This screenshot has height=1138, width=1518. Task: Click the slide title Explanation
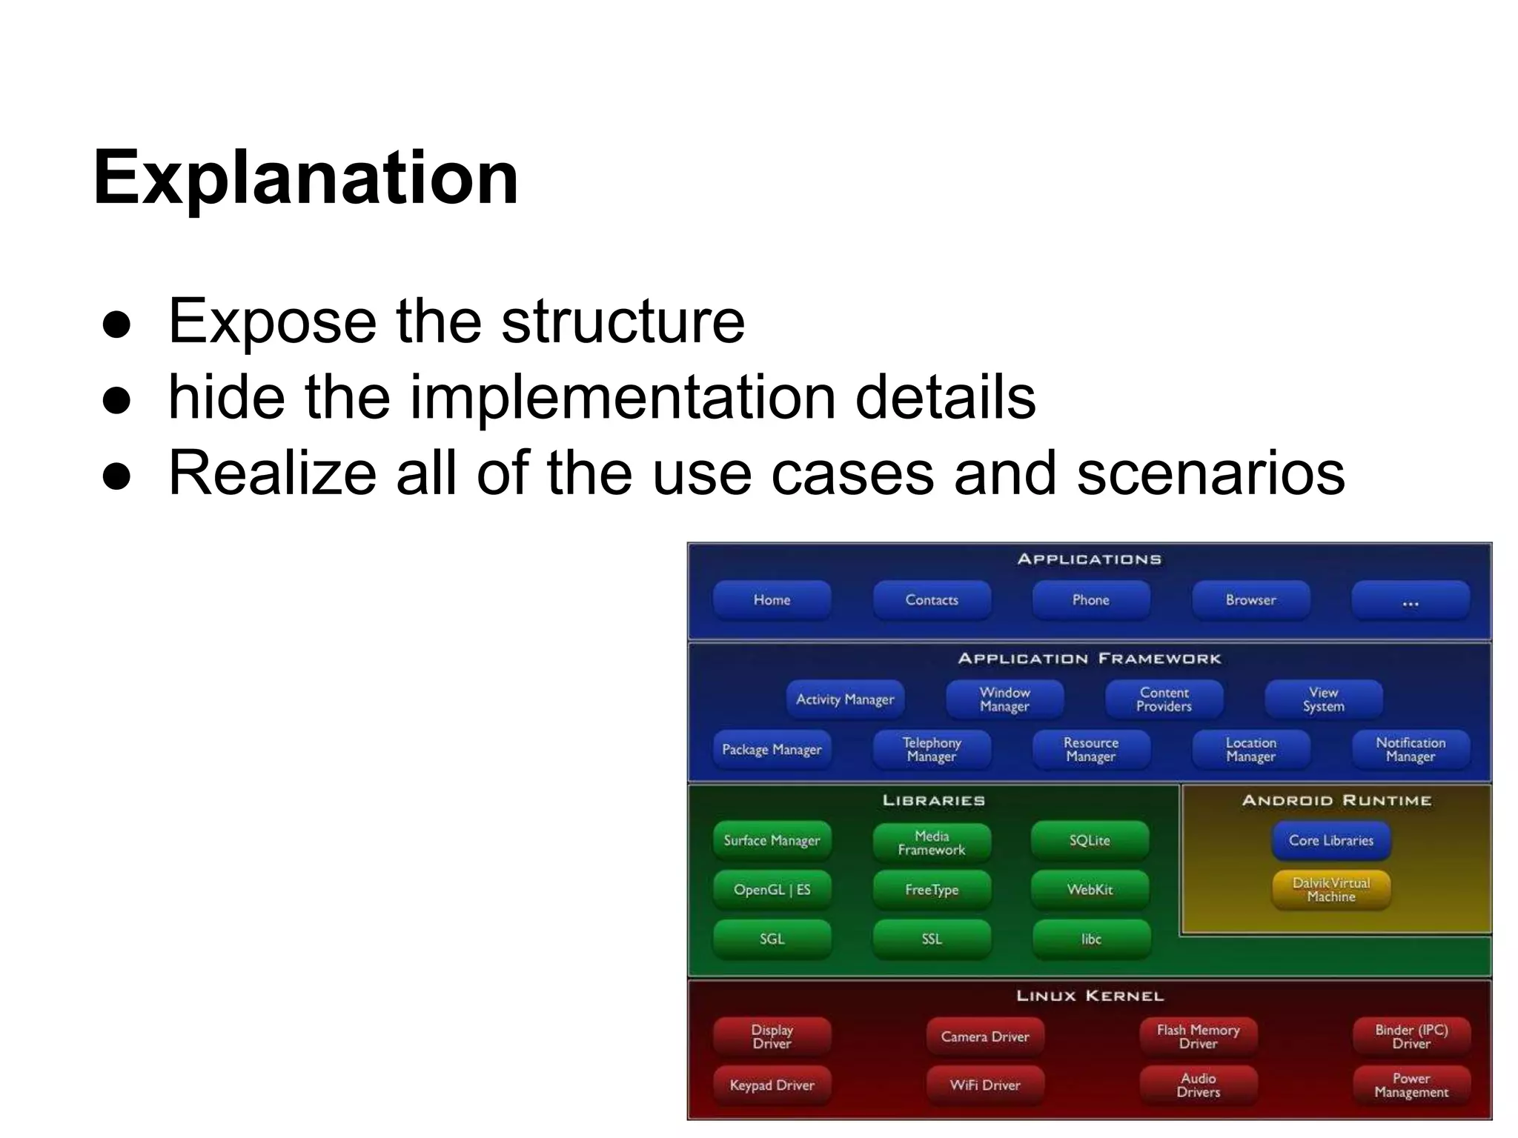click(305, 178)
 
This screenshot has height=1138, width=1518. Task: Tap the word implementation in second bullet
click(623, 398)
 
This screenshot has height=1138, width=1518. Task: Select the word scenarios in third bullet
click(1210, 473)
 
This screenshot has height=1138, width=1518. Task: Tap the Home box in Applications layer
click(772, 600)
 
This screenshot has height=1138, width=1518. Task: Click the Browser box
click(1250, 600)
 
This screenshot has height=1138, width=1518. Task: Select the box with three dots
click(1410, 600)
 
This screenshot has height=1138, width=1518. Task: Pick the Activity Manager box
click(845, 699)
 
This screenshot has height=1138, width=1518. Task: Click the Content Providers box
click(1164, 699)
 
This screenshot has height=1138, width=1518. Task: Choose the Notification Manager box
click(1410, 749)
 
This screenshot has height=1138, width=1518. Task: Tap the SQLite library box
click(1090, 840)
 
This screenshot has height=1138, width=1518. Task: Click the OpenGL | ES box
click(772, 889)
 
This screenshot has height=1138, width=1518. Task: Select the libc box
click(1091, 939)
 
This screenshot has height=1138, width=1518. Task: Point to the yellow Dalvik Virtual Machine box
click(1331, 889)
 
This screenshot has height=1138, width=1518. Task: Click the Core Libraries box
click(1331, 840)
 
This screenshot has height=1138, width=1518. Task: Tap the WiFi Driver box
click(985, 1085)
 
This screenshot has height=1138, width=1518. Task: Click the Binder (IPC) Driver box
click(1411, 1036)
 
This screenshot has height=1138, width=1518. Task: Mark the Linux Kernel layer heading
click(1090, 996)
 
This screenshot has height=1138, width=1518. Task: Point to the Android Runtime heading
click(1336, 800)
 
